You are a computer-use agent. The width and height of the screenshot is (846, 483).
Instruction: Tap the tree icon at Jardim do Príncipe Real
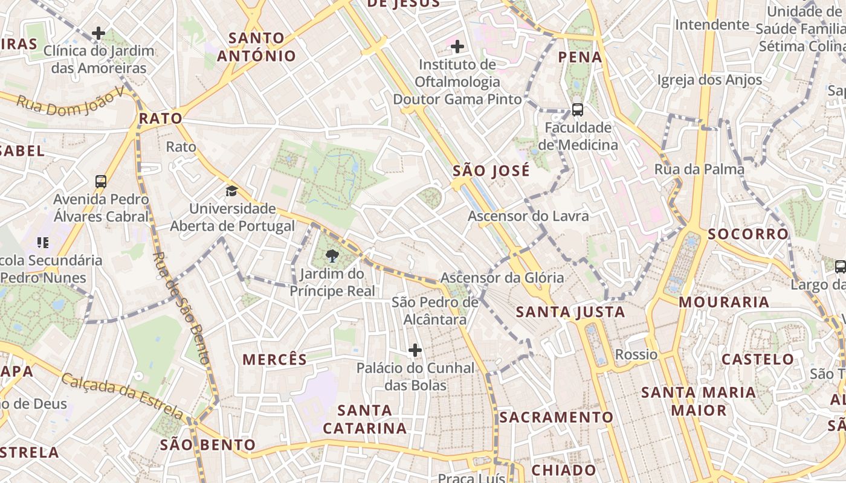332,257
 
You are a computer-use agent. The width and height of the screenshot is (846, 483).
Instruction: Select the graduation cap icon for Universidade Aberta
231,191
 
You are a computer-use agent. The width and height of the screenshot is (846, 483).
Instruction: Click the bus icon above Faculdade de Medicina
577,110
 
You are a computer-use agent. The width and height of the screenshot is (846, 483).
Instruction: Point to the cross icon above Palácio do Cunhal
415,350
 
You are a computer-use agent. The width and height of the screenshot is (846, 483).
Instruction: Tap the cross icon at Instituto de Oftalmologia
457,46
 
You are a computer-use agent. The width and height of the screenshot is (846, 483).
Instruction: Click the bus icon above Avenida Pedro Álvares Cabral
101,181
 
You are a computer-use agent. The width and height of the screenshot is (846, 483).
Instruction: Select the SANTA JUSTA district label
570,312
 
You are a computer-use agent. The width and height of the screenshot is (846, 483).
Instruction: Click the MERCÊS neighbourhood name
275,360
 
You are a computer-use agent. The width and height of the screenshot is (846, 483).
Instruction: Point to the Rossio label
636,354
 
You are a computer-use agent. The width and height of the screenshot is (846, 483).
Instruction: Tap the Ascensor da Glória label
502,278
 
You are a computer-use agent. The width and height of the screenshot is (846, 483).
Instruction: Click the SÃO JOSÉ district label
491,171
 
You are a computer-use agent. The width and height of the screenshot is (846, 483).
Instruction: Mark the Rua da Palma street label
699,169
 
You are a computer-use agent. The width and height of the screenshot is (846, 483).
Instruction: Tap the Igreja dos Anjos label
709,80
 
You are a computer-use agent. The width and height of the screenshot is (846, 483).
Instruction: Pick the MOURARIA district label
724,302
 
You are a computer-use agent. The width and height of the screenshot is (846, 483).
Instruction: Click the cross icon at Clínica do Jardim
98,33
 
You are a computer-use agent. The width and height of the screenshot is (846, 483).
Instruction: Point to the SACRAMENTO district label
556,417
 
